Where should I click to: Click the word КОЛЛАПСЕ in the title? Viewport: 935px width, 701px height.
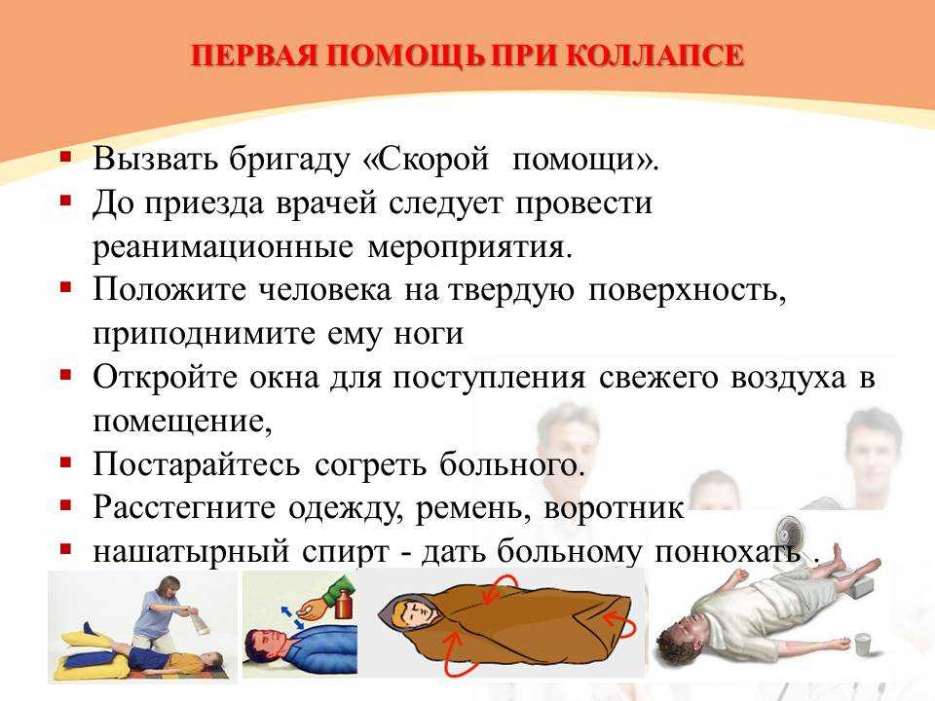click(x=654, y=55)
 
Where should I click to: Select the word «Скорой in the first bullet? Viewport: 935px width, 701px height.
click(x=426, y=159)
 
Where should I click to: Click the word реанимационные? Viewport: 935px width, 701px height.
click(x=222, y=247)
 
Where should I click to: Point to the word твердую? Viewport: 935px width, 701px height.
click(x=511, y=290)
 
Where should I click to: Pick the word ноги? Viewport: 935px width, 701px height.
click(x=429, y=334)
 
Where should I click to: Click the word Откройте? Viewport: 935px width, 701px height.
click(x=166, y=378)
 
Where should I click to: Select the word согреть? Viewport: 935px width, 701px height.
click(x=370, y=465)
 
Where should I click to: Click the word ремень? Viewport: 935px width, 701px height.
click(x=473, y=508)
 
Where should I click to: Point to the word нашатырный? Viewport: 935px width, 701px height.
click(x=191, y=552)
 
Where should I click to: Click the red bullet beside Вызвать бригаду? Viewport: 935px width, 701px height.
click(x=65, y=158)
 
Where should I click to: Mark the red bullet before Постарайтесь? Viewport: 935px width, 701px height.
click(x=65, y=461)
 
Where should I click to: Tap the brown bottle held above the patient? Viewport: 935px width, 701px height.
click(x=343, y=604)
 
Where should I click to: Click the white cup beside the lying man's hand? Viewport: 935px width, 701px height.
click(x=863, y=646)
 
